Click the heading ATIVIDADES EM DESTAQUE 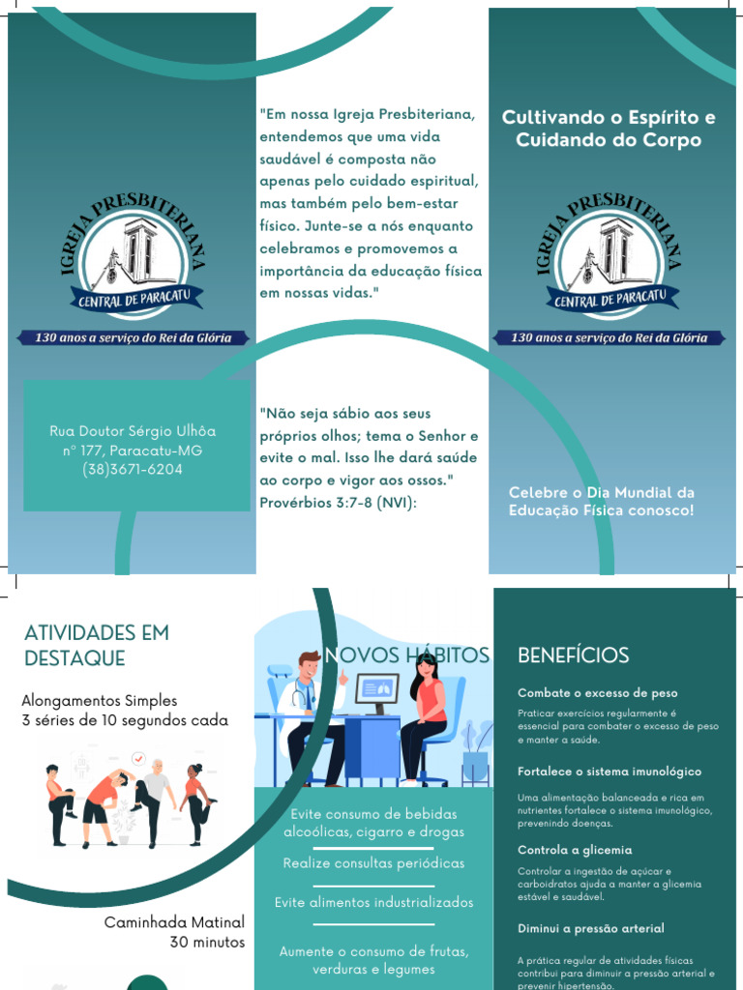click(97, 646)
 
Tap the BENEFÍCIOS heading click(573, 655)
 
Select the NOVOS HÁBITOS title click(407, 655)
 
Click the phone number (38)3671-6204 click(133, 470)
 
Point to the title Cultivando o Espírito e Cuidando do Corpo click(609, 129)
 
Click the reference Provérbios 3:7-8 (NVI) click(338, 503)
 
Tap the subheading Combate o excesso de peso click(598, 693)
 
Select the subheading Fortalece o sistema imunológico click(609, 772)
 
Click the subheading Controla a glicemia click(575, 850)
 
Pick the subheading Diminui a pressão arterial click(591, 928)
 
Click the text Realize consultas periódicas click(373, 862)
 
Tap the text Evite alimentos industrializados click(373, 902)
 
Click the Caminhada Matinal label click(175, 922)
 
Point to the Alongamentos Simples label click(100, 700)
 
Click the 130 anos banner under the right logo click(609, 338)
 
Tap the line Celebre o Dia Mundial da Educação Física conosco click(602, 501)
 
